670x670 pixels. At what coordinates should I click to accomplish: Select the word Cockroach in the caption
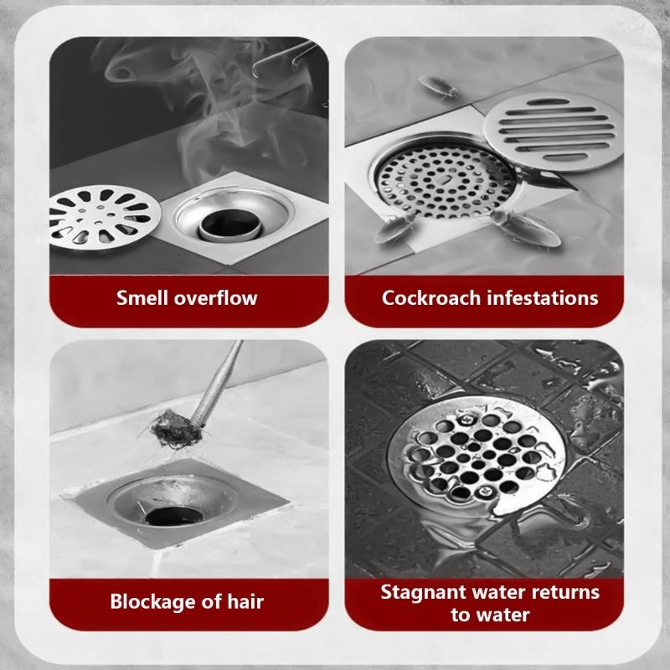(426, 297)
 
